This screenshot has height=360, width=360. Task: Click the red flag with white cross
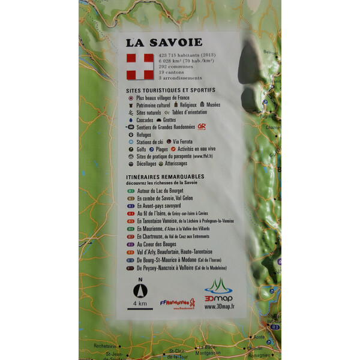pos(140,67)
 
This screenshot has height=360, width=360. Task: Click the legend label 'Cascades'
pos(145,119)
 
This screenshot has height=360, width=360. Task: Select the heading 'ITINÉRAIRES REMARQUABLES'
pos(165,176)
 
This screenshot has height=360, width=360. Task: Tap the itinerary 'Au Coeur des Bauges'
pos(157,244)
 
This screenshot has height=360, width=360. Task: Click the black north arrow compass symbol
pos(140,292)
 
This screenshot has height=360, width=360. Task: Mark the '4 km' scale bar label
pos(140,304)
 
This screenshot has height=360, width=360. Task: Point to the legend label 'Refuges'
pos(143,134)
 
